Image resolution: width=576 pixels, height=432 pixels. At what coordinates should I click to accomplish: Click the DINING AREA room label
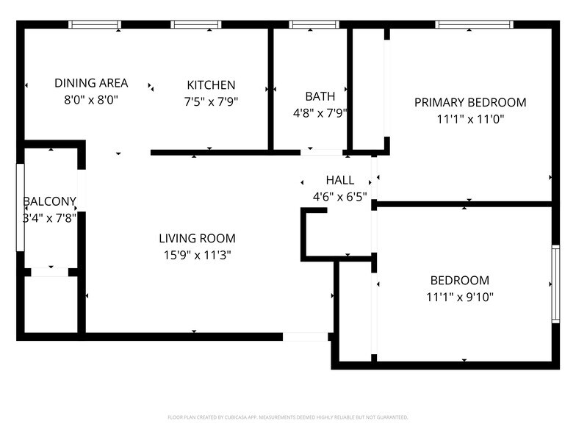click(x=91, y=83)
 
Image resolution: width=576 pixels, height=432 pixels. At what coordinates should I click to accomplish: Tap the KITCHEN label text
click(x=211, y=85)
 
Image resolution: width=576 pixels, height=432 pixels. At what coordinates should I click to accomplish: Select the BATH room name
click(x=320, y=96)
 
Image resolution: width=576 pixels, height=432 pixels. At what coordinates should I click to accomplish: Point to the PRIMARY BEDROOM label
click(x=470, y=103)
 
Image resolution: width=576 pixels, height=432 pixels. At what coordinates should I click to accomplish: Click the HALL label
click(x=339, y=180)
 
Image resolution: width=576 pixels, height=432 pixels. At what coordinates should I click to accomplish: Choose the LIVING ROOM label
click(x=197, y=238)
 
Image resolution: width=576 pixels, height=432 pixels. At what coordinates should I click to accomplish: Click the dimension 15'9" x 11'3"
click(x=197, y=255)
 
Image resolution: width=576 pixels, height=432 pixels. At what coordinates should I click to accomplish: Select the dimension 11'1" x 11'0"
click(x=470, y=119)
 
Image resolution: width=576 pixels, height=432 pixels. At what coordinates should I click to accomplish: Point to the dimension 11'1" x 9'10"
click(x=459, y=297)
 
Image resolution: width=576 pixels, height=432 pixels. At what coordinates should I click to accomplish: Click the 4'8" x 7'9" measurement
click(x=320, y=113)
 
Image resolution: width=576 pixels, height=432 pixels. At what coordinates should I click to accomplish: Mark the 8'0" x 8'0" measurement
click(x=91, y=100)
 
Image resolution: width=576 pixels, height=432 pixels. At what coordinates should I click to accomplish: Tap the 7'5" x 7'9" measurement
click(x=211, y=102)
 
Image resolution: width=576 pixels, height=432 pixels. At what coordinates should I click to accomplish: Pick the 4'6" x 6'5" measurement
click(x=339, y=197)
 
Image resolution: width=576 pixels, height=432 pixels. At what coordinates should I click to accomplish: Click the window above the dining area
click(x=95, y=24)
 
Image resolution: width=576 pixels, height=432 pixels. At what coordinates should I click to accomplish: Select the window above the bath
click(x=314, y=24)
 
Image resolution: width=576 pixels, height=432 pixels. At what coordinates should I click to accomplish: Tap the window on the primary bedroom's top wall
click(x=474, y=24)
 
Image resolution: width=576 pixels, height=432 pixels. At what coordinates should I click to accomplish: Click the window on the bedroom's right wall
click(x=555, y=284)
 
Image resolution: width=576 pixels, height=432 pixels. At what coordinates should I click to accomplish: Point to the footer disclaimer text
click(x=288, y=417)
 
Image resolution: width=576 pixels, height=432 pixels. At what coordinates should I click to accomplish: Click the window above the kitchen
click(x=196, y=24)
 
